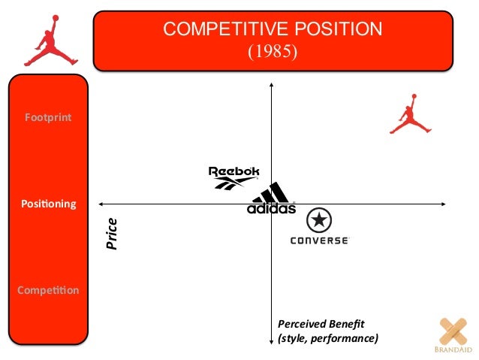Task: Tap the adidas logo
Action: (x=271, y=199)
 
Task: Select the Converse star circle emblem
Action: (x=320, y=220)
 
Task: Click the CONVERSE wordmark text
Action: (x=320, y=241)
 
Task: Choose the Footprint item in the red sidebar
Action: (x=48, y=117)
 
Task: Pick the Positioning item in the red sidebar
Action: (x=48, y=204)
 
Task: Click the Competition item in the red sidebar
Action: (x=48, y=290)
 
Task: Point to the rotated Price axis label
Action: (x=112, y=234)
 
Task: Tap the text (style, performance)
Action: (x=327, y=339)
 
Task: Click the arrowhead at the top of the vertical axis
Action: (x=270, y=85)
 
